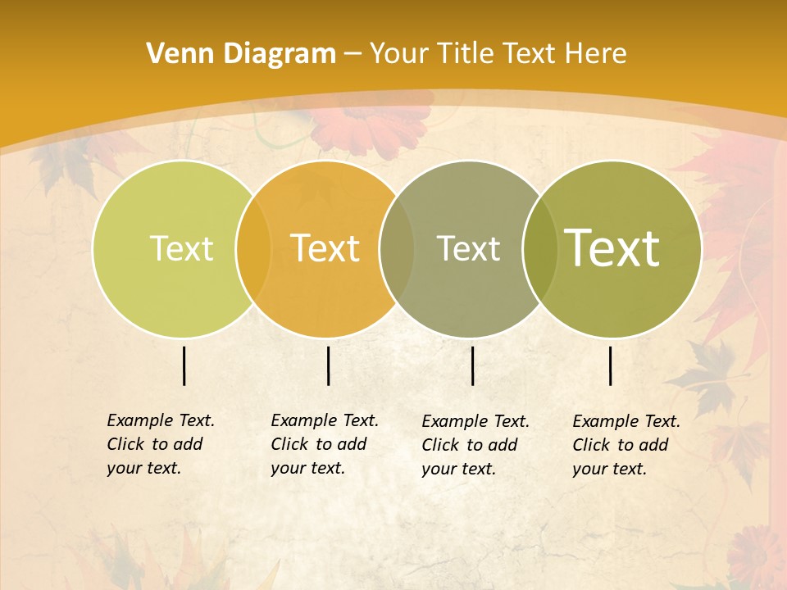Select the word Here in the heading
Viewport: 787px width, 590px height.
(x=596, y=54)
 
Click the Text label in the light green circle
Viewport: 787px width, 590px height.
(x=181, y=248)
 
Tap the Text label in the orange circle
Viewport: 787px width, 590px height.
(x=325, y=248)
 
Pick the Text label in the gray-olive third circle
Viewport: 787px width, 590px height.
(x=468, y=248)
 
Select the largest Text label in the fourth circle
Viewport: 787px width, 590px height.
(x=612, y=248)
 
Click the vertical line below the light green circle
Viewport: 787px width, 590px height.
(x=184, y=365)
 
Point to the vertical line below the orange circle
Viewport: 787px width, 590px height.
(x=328, y=365)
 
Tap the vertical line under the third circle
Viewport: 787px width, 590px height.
(x=472, y=365)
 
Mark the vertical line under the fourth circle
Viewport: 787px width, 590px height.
(x=610, y=365)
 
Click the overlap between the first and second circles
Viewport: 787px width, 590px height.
(x=253, y=248)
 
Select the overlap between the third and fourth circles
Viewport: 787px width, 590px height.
(x=541, y=248)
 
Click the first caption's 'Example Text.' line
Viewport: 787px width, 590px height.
(x=161, y=420)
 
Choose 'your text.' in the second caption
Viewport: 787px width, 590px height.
(x=307, y=468)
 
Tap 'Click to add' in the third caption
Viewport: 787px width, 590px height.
(x=470, y=445)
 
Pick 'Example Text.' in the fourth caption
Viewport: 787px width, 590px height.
(x=626, y=421)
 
